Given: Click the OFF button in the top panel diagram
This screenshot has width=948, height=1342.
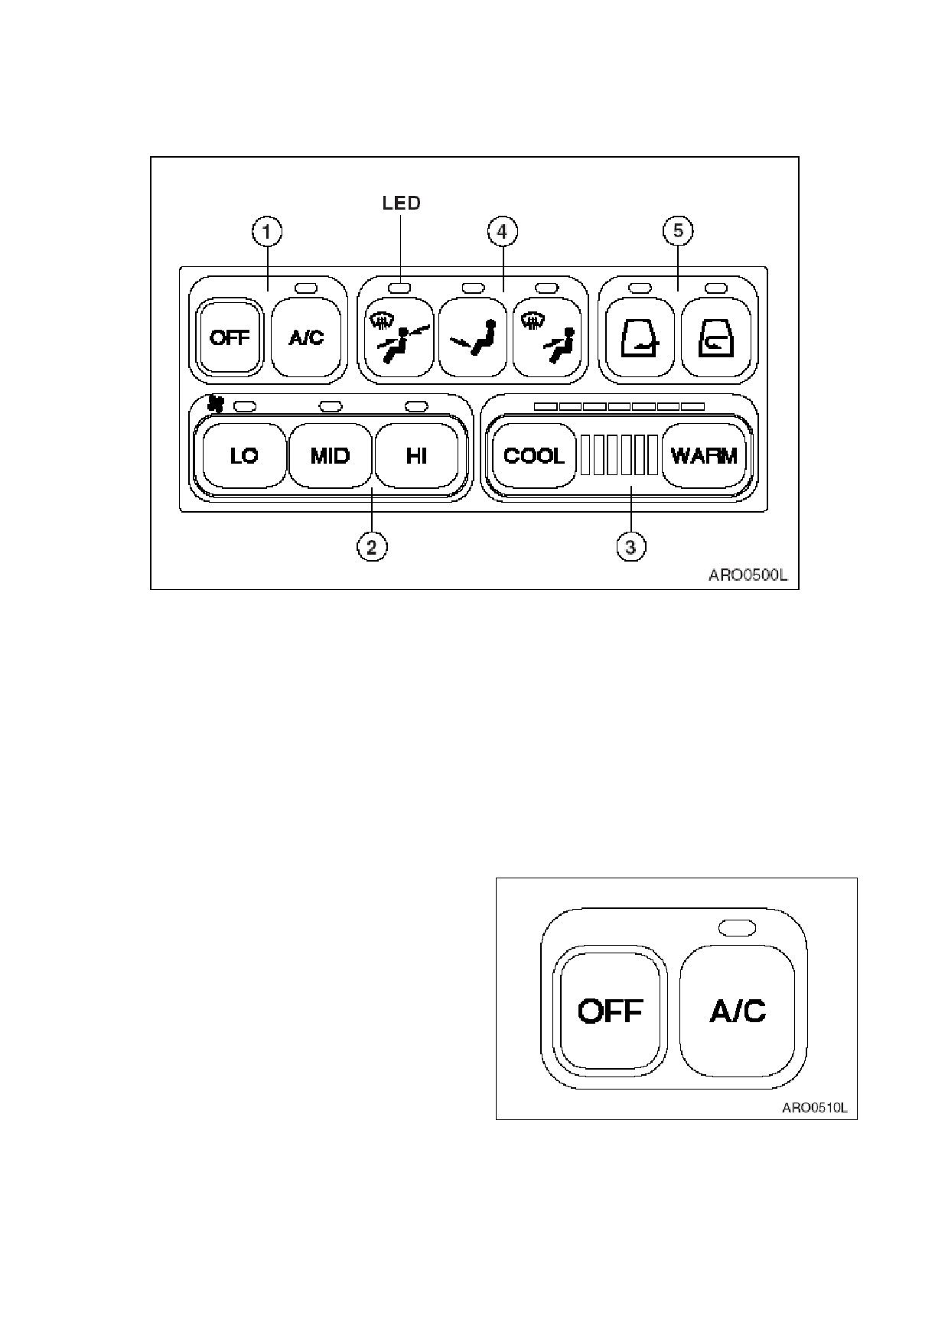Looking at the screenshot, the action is (230, 337).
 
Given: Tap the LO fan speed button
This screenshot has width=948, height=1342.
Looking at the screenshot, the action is (244, 456).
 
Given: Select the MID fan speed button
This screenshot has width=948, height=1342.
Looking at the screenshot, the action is (330, 456).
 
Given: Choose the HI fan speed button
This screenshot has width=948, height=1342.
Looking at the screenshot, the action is (416, 456).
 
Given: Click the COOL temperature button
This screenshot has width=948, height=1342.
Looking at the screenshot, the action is (534, 456).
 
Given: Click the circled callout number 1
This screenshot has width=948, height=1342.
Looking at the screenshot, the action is (267, 231).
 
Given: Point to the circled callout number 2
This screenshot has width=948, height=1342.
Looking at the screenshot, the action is (372, 547).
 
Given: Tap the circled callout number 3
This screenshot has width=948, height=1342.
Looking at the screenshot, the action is (630, 547).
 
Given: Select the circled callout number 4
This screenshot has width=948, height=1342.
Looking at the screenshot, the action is (502, 231).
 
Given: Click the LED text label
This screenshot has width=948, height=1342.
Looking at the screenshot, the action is (401, 203).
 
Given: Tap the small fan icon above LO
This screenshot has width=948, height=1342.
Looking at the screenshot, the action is (216, 403).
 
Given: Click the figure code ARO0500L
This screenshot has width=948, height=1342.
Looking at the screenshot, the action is (747, 575).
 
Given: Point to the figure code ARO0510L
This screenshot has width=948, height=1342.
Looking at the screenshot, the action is (815, 1106).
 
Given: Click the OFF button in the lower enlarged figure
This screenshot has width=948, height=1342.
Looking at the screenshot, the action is (610, 1010).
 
